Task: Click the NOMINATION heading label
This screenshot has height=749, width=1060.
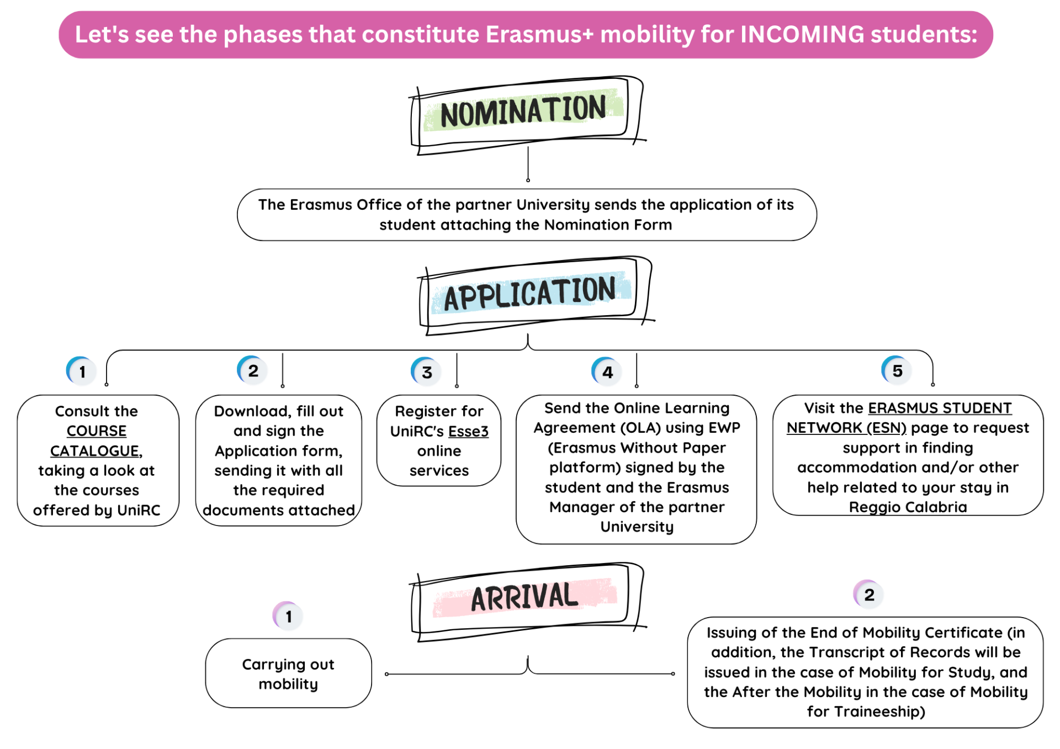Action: click(523, 112)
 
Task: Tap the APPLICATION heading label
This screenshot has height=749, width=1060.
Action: click(529, 294)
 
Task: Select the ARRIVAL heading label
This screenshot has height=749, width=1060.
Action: click(524, 598)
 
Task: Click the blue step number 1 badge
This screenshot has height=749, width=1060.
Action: click(82, 371)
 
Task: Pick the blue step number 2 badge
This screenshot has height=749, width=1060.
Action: click(253, 370)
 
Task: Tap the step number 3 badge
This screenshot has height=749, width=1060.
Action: click(426, 372)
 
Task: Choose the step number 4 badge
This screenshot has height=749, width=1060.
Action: click(607, 372)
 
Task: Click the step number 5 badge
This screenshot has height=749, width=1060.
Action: click(897, 370)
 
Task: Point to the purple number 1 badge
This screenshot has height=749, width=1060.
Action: click(288, 616)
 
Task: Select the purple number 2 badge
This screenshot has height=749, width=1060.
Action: click(868, 594)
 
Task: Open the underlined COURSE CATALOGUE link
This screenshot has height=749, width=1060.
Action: click(96, 441)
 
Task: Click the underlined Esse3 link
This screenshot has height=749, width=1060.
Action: click(468, 431)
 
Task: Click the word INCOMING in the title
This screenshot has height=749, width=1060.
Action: click(802, 34)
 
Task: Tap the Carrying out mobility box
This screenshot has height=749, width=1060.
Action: click(288, 673)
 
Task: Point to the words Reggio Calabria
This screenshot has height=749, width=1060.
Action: click(907, 507)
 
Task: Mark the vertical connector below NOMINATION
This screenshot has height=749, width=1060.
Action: click(528, 163)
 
